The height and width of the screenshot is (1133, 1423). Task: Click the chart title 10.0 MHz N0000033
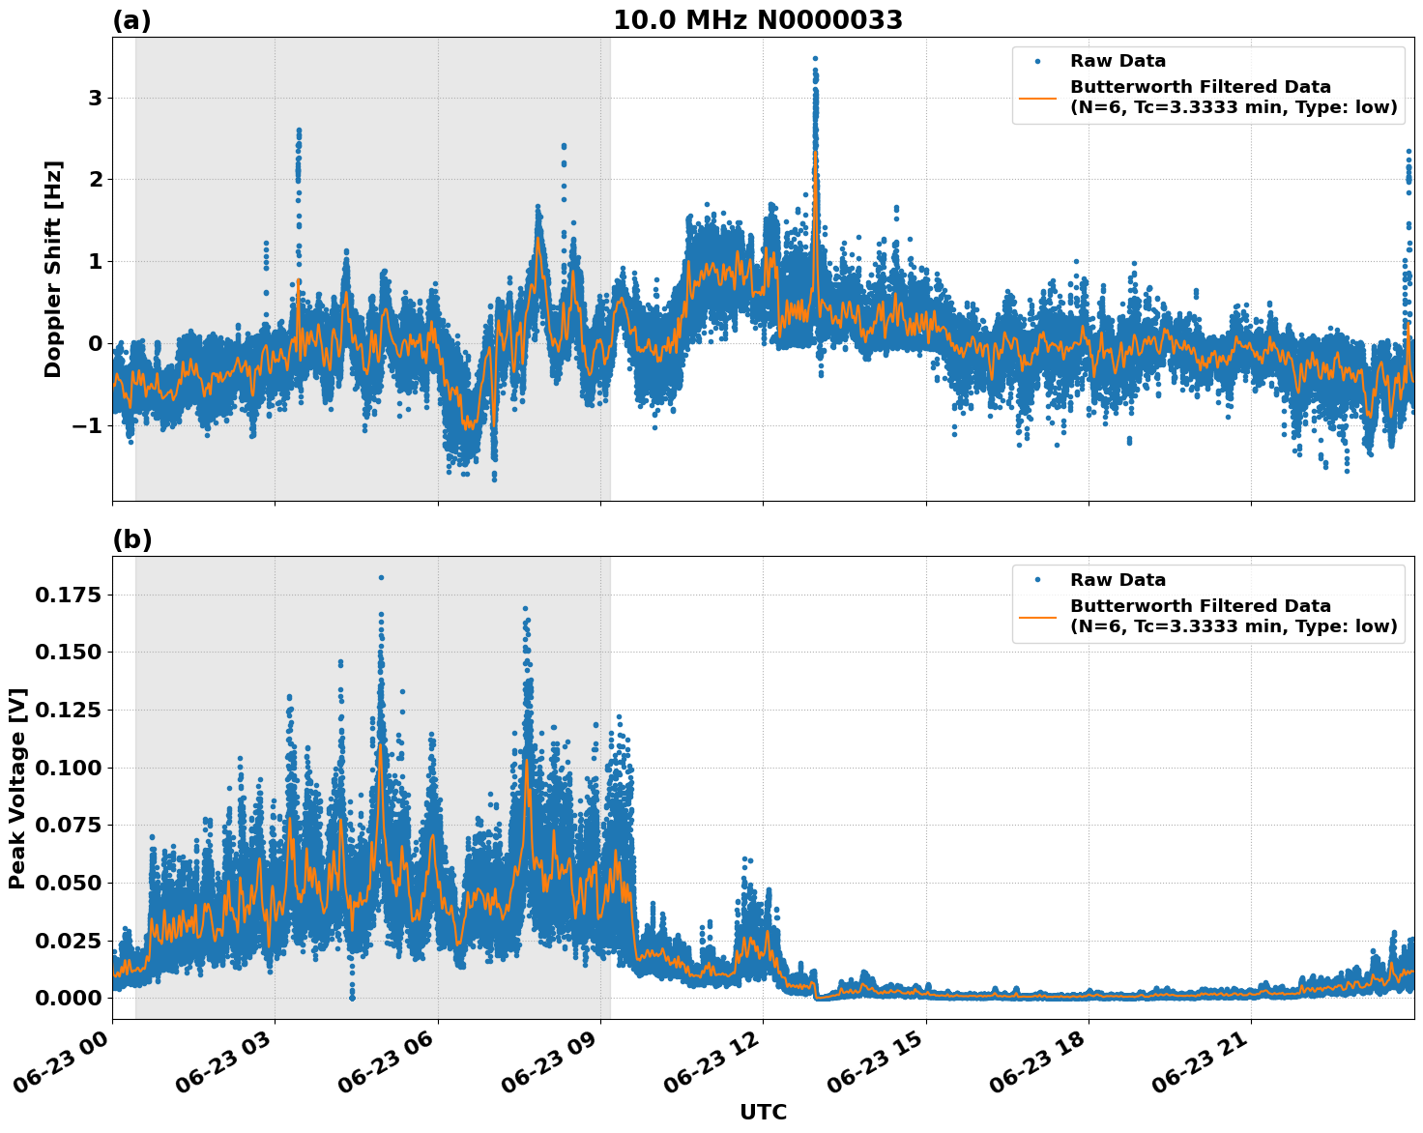[757, 20]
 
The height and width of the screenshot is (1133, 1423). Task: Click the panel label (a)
[131, 20]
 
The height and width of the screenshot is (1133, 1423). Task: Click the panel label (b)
[131, 539]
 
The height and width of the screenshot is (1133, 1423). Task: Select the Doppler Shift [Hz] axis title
[53, 269]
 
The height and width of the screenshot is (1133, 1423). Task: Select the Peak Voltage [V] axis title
[17, 788]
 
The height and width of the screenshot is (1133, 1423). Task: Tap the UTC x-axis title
[763, 1112]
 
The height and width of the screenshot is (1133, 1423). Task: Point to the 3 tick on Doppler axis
[95, 98]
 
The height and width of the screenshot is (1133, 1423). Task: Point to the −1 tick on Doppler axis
[88, 425]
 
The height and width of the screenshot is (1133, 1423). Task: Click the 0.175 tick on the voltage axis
[69, 595]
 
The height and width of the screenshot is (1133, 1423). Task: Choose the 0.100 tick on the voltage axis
[69, 768]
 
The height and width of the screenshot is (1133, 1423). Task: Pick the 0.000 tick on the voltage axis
[69, 998]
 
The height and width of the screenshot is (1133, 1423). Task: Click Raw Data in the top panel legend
[1118, 61]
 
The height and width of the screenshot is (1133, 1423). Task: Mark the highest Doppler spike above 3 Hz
[815, 59]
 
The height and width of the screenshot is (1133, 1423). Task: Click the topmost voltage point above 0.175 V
[381, 577]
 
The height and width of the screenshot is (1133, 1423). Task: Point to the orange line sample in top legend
[1037, 98]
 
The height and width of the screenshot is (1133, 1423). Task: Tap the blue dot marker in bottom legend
[1037, 580]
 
